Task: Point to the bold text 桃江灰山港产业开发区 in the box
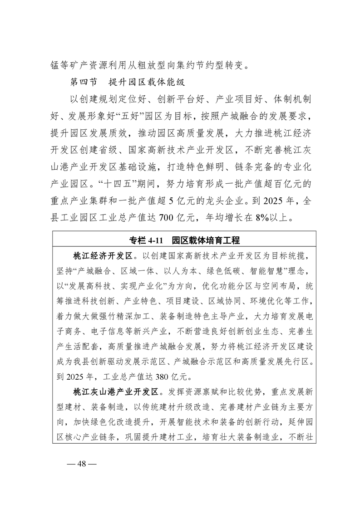(115, 391)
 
